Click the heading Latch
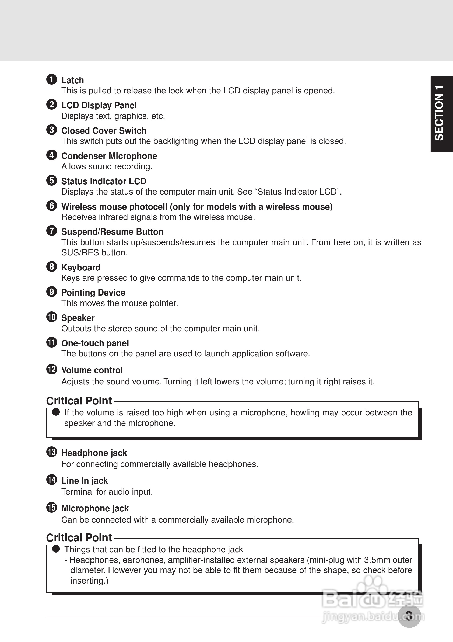pos(72,80)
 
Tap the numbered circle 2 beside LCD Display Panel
pos(52,105)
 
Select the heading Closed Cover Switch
pos(104,131)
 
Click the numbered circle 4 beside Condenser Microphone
pos(52,155)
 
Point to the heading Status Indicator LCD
pos(104,181)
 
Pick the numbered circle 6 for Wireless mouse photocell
pos(52,206)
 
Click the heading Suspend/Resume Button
pos(112,232)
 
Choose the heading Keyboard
pos(81,268)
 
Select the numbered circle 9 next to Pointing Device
pos(52,292)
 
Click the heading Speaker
pos(78,318)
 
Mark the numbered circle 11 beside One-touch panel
pos(52,342)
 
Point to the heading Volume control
pos(92,370)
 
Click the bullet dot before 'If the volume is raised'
pos(56,412)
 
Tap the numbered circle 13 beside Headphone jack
pos(52,452)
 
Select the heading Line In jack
pos(84,481)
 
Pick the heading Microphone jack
pos(95,508)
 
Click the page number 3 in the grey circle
pos(409,616)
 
